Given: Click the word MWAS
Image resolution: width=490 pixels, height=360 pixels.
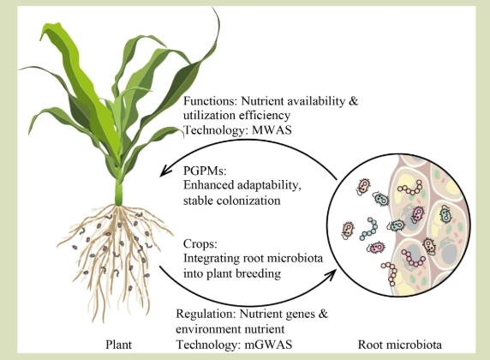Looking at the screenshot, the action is click(x=272, y=129).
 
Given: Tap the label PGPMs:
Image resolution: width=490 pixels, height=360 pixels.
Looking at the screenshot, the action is click(x=205, y=171).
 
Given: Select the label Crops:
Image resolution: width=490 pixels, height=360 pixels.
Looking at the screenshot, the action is click(x=200, y=243).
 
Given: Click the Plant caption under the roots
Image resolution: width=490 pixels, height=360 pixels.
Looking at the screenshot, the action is click(x=118, y=345).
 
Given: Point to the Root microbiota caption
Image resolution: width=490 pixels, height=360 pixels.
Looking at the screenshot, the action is click(x=400, y=345).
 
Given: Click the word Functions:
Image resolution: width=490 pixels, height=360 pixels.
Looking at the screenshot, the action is click(x=211, y=101).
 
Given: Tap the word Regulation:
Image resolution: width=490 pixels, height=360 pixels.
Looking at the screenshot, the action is click(x=206, y=314).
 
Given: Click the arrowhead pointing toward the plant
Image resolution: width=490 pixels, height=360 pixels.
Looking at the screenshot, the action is click(x=164, y=171).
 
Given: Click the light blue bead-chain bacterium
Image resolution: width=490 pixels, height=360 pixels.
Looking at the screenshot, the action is click(x=368, y=229).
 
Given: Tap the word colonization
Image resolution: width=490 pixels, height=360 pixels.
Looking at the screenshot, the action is click(x=232, y=201).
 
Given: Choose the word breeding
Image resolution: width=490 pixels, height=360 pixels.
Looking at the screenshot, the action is click(x=258, y=273).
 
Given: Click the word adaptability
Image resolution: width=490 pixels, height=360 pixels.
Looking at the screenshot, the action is click(x=269, y=185).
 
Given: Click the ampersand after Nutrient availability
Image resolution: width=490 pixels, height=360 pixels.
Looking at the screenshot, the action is click(x=354, y=101).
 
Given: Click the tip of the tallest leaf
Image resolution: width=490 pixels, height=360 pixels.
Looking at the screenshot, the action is click(x=214, y=8).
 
